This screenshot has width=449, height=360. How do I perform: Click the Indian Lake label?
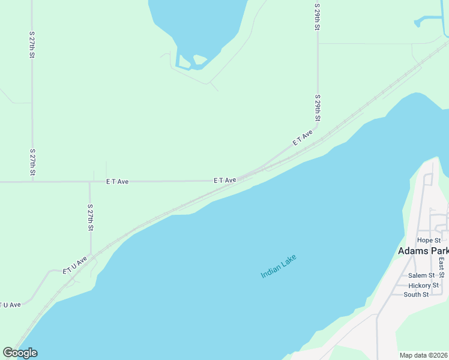(279, 266)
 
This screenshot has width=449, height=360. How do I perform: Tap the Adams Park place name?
(423, 251)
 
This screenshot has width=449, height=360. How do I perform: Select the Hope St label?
(429, 241)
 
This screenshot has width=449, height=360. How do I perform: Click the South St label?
(416, 295)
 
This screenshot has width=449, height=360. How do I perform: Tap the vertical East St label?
(441, 267)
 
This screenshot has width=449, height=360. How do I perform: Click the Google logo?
(20, 353)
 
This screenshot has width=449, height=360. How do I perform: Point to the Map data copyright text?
(424, 355)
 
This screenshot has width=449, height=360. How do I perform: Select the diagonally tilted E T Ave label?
(303, 138)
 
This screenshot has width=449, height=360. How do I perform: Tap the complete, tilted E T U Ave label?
(75, 266)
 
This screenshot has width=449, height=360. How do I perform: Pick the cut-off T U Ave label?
(10, 305)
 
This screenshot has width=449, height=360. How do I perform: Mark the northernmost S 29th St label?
(317, 16)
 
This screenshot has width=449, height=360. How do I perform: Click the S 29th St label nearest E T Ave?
(317, 108)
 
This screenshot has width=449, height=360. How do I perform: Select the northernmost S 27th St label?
(32, 45)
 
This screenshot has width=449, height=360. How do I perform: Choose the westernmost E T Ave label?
(117, 181)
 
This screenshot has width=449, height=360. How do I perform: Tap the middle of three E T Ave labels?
(224, 180)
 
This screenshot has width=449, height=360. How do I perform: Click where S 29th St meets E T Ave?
(318, 127)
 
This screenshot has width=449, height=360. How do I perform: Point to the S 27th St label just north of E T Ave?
(32, 163)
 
